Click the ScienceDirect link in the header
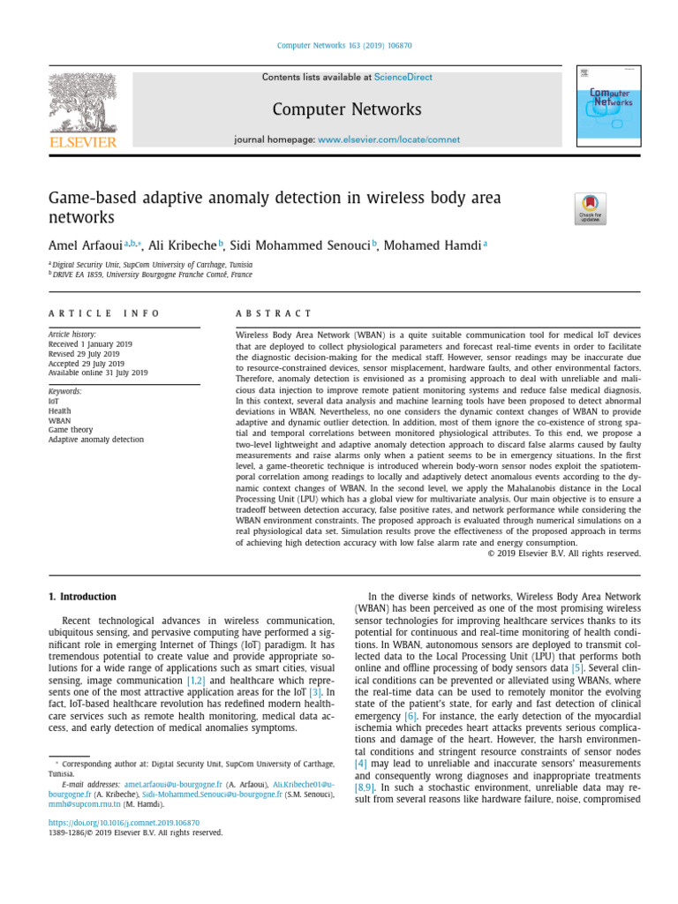tap(403, 78)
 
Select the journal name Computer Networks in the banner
tap(346, 109)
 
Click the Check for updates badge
tap(590, 209)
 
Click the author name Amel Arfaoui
tap(85, 245)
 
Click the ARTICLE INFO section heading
tap(104, 313)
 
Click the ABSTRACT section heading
tap(274, 313)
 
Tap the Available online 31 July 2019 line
tap(98, 373)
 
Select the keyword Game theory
tap(70, 430)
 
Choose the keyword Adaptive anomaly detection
tap(95, 440)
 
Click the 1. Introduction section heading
tap(81, 597)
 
